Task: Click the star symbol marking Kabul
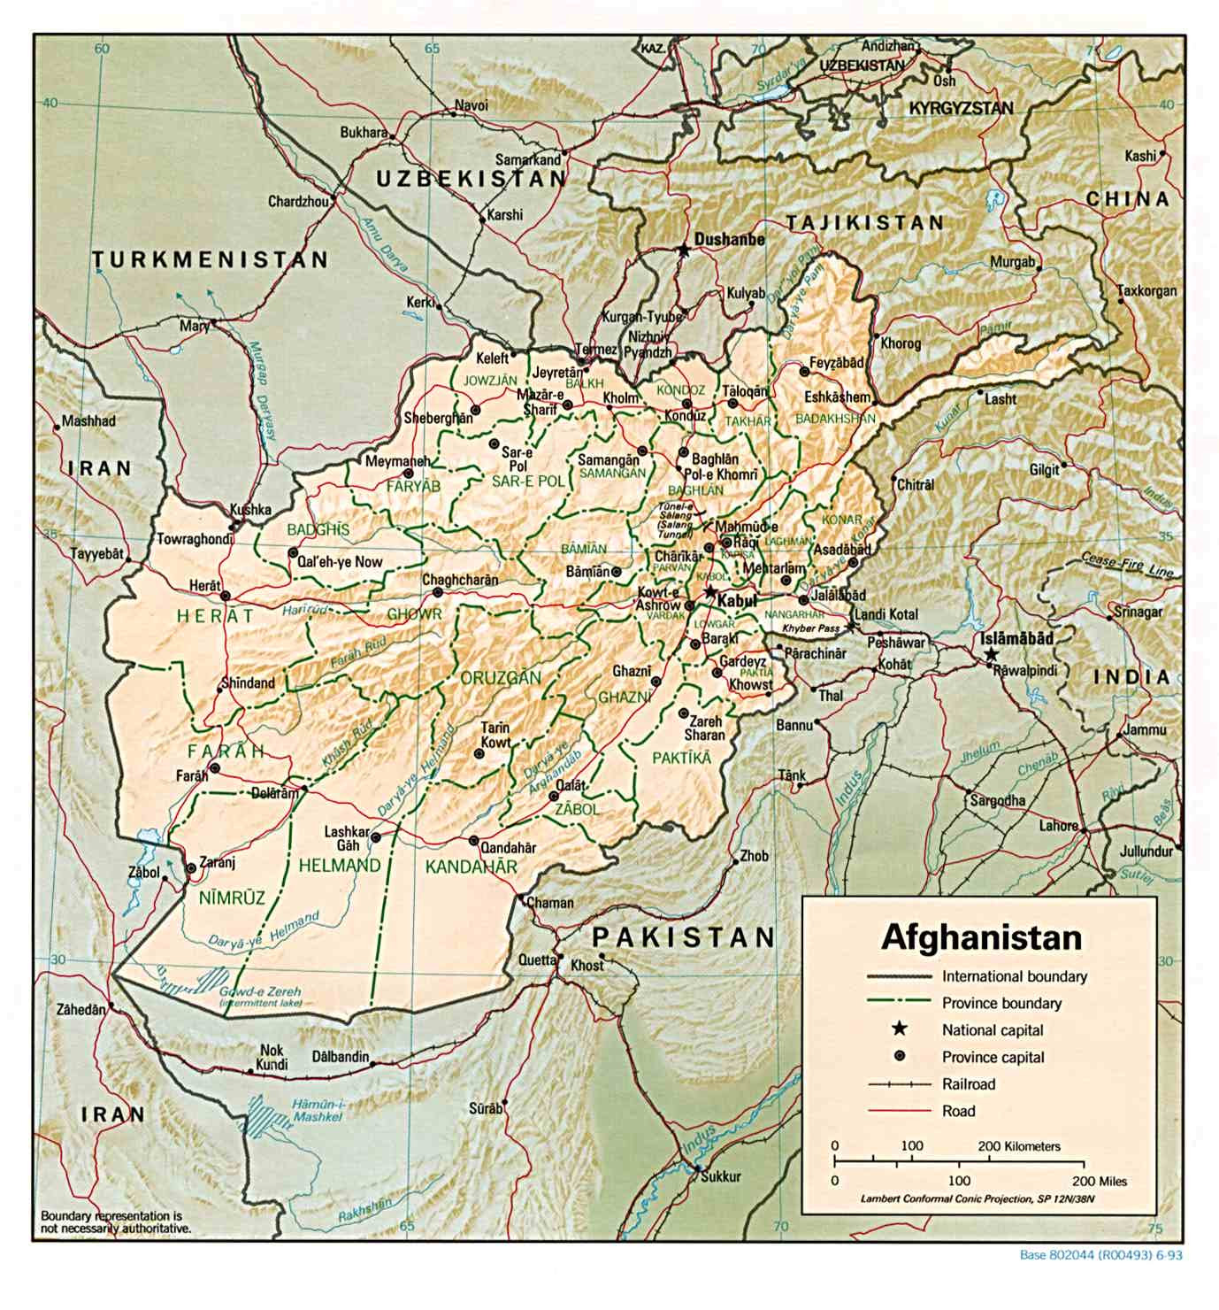[709, 591]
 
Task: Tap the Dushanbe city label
[729, 239]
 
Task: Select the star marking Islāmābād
[992, 654]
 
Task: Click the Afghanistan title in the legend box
[981, 936]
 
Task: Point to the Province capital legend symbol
[900, 1056]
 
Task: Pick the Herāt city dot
[226, 596]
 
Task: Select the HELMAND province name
[340, 865]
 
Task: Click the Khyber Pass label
[809, 628]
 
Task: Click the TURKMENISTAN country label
[211, 259]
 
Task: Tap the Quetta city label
[537, 959]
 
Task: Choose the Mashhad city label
[88, 421]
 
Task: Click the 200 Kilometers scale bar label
[1018, 1145]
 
